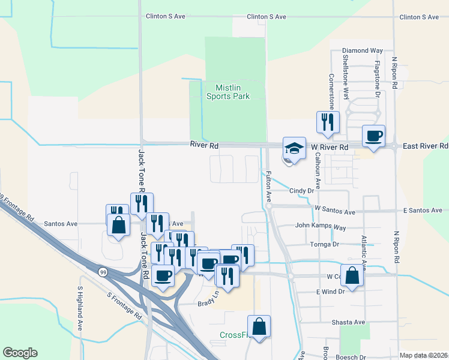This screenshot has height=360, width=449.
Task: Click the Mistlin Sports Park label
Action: pyautogui.click(x=228, y=91)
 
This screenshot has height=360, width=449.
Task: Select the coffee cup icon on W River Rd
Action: pyautogui.click(x=373, y=136)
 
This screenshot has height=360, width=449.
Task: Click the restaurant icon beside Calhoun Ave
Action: pyautogui.click(x=328, y=122)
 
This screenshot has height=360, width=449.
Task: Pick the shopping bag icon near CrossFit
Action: pyautogui.click(x=259, y=327)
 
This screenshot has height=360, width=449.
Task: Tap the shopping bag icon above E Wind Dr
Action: pyautogui.click(x=353, y=276)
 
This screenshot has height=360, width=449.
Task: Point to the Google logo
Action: pyautogui.click(x=20, y=353)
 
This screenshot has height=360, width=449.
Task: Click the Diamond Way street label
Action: pyautogui.click(x=362, y=51)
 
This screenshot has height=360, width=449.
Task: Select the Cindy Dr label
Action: pyautogui.click(x=302, y=191)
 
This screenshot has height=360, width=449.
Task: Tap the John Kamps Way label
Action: pyautogui.click(x=321, y=227)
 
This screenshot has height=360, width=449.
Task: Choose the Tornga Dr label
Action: pyautogui.click(x=324, y=244)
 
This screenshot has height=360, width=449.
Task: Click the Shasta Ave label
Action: pyautogui.click(x=349, y=322)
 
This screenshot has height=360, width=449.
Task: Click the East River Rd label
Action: pyautogui.click(x=425, y=146)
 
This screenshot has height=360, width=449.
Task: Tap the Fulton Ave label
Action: pyautogui.click(x=268, y=186)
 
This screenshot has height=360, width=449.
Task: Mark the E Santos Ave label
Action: pyautogui.click(x=423, y=211)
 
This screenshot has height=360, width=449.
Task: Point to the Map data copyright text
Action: pyautogui.click(x=423, y=355)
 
